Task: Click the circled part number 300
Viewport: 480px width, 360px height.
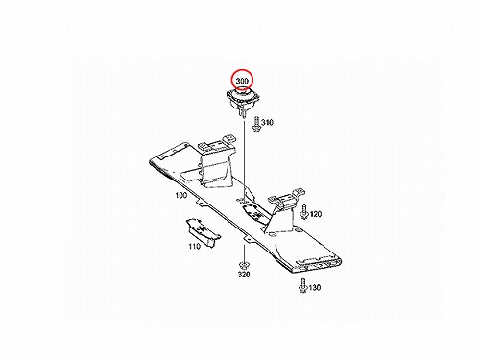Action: click(x=242, y=81)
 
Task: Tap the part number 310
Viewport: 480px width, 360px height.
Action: click(x=267, y=122)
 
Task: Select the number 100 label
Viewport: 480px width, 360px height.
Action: click(x=181, y=195)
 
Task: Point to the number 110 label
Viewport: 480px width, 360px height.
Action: click(x=195, y=246)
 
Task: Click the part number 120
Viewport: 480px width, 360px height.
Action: click(x=316, y=214)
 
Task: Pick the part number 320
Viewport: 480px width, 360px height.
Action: click(x=244, y=275)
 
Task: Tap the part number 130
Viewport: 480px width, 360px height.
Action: click(x=315, y=287)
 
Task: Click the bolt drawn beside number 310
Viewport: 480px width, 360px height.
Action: click(x=256, y=124)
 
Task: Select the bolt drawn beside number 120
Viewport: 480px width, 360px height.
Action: click(x=304, y=212)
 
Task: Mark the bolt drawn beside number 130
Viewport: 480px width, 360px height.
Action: click(x=302, y=285)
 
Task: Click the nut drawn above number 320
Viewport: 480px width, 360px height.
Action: click(x=244, y=265)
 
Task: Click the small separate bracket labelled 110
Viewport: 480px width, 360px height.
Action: click(x=203, y=232)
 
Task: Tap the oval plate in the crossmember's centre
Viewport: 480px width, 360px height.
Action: click(x=255, y=213)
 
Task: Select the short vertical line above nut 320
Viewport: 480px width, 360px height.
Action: click(x=244, y=253)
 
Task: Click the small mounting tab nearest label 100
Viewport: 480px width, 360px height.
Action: click(x=200, y=204)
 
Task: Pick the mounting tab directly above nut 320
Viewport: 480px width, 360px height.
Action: click(x=248, y=240)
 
